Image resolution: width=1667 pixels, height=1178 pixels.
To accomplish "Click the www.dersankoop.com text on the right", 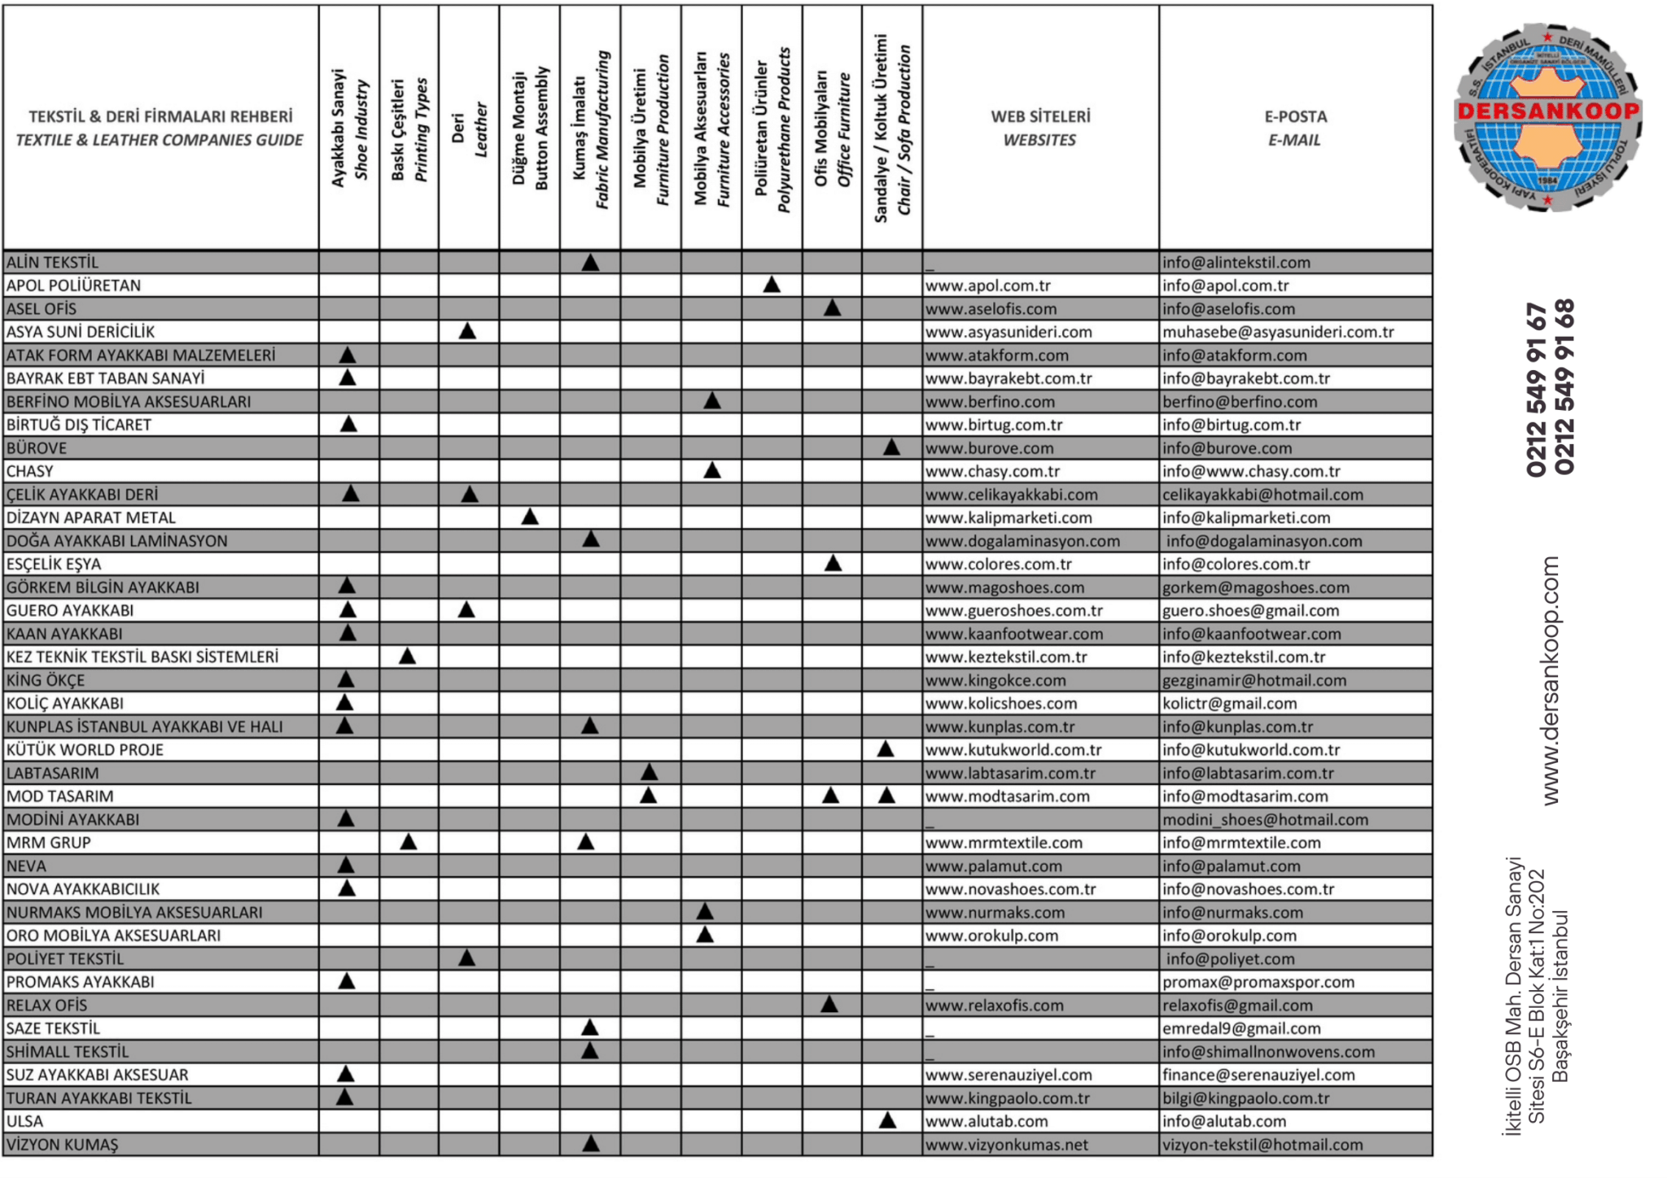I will [x=1551, y=681].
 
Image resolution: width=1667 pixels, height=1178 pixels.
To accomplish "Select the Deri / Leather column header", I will [x=469, y=130].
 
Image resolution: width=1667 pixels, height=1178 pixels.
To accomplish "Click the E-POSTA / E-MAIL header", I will [x=1295, y=128].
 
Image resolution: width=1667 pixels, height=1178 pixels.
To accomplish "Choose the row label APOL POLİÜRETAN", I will [x=73, y=286].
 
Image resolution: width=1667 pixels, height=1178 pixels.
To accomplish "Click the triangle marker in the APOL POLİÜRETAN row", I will [x=772, y=285].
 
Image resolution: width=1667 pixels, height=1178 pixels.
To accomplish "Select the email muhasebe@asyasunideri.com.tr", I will [x=1278, y=332].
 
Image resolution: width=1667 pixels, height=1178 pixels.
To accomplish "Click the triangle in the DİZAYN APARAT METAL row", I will [x=530, y=517].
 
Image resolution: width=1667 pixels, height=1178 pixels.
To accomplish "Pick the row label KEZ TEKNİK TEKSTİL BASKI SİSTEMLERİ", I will [x=142, y=657].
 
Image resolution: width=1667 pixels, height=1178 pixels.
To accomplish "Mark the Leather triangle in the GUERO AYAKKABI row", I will [x=466, y=609].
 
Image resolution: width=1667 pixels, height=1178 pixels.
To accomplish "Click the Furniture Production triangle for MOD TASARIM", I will [x=649, y=795].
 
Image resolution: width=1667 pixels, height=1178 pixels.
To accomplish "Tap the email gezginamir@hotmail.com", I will [x=1254, y=680].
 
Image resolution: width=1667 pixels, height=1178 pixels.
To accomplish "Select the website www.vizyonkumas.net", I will [x=1006, y=1145].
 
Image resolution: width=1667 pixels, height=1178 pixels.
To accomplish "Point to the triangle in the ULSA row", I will [x=887, y=1120].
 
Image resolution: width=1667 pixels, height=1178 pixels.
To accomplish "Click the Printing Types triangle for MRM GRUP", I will [x=409, y=842].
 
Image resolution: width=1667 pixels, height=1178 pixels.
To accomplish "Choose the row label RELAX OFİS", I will [x=46, y=1006].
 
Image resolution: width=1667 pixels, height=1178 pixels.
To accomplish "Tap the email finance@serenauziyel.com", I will [x=1258, y=1075].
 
